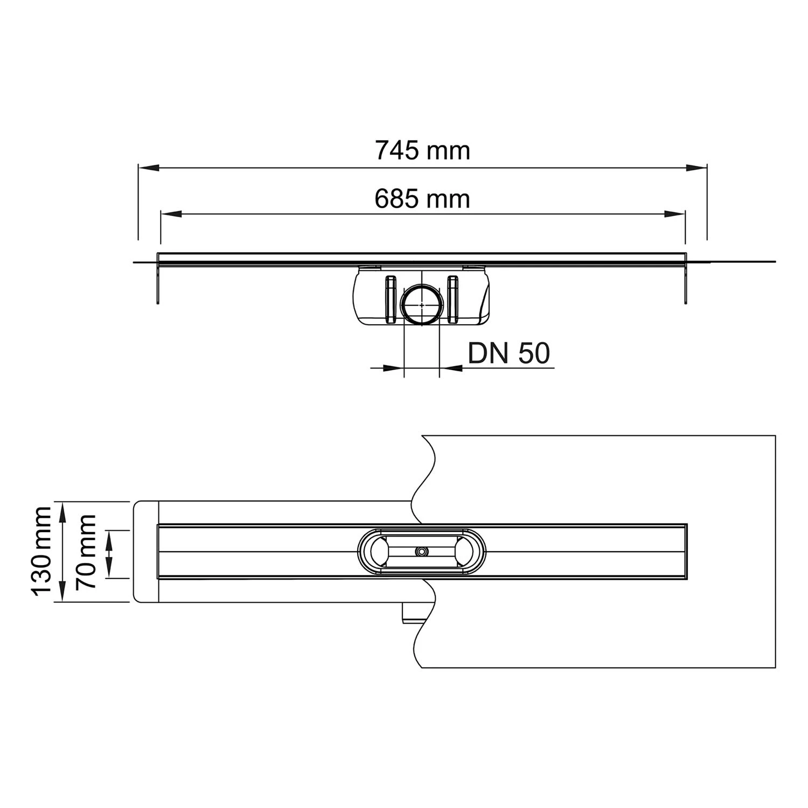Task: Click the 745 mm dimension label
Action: click(422, 150)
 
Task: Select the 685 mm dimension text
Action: click(422, 199)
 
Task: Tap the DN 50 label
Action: click(509, 353)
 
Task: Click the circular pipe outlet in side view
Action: click(422, 305)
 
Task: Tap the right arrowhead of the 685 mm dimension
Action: click(675, 214)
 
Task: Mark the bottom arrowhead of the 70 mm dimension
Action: click(110, 569)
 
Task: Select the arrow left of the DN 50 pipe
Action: click(394, 368)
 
